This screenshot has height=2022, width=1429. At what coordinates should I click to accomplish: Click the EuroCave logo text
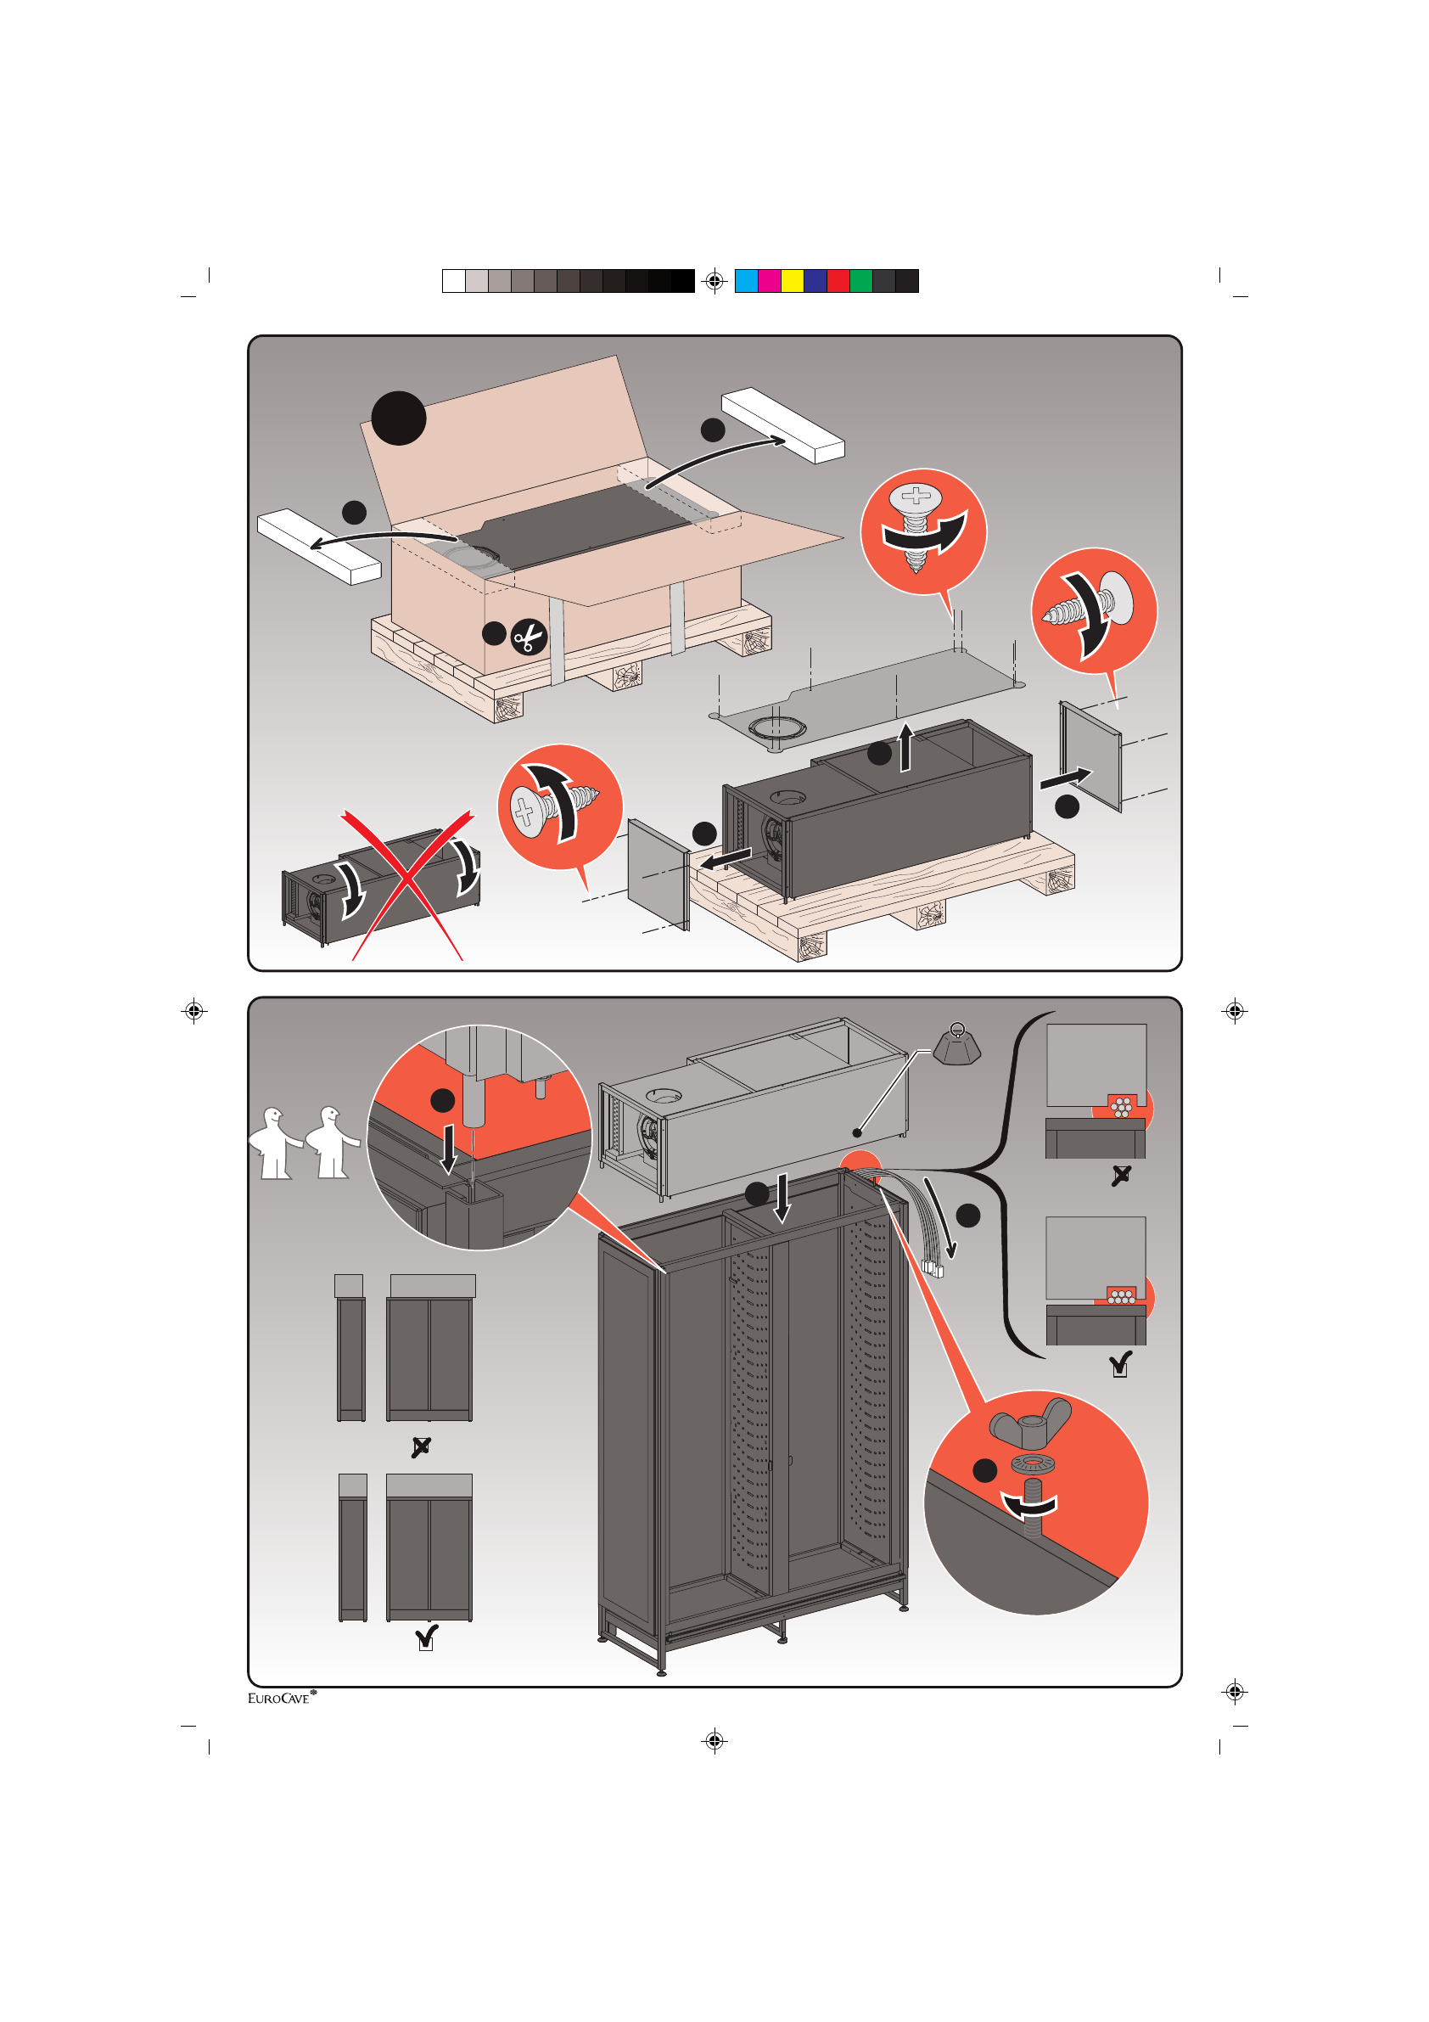pos(281,1698)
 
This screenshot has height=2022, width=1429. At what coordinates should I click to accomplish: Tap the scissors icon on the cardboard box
pos(529,637)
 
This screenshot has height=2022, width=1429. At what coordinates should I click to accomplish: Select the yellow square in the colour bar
pos(793,281)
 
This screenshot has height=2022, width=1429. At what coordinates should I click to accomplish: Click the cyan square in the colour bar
pos(746,281)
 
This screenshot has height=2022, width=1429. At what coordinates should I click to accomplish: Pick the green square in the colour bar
pos(861,281)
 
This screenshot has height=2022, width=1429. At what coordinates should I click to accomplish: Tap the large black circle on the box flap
pos(398,418)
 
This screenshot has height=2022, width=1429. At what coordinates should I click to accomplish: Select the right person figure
pos(332,1142)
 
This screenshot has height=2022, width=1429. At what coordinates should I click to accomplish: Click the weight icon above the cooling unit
pos(957,1043)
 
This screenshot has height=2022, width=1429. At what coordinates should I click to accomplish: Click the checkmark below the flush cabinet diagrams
pos(426,1637)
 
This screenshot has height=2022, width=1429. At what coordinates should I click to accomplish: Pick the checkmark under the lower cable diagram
pos(1120,1365)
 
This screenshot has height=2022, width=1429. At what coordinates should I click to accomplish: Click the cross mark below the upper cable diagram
pos(1121,1176)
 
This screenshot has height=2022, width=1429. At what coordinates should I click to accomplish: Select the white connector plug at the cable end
pos(933,1268)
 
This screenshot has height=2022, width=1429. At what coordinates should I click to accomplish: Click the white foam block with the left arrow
pos(319,546)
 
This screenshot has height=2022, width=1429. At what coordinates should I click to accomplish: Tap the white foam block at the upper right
pos(782,424)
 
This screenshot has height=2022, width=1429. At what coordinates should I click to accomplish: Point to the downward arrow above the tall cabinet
pos(782,1198)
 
